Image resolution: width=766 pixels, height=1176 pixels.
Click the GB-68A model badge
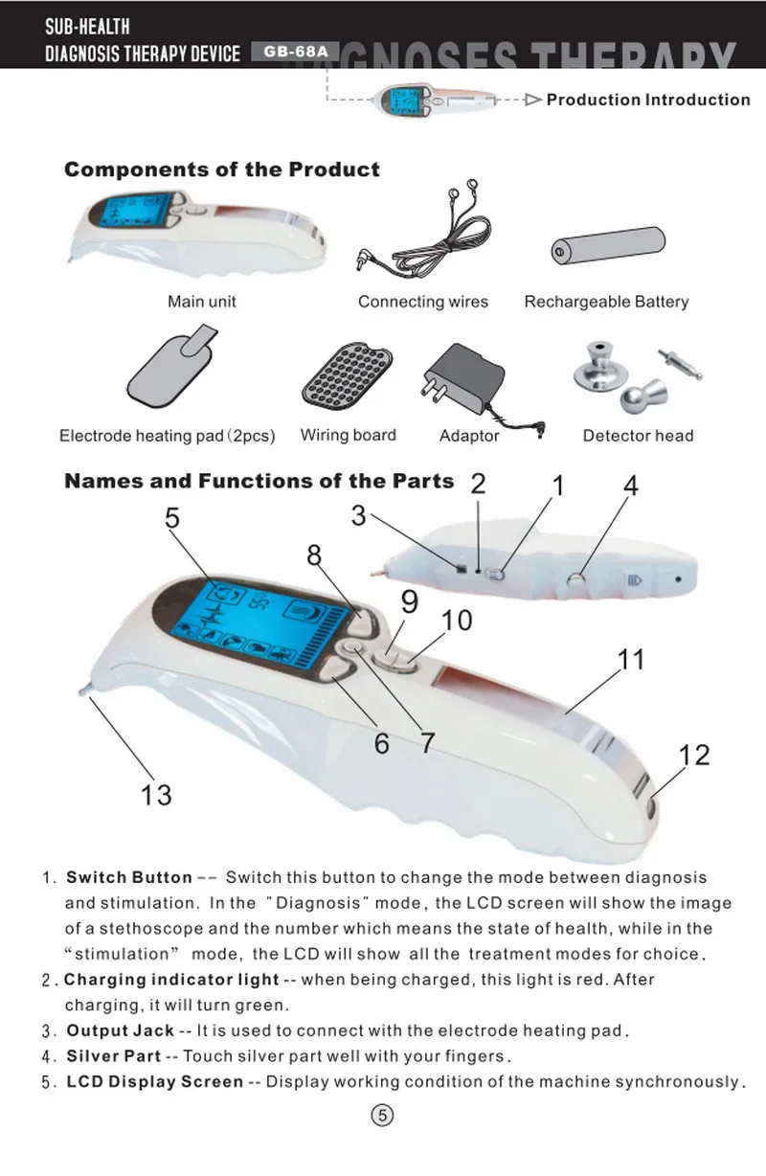[x=295, y=52]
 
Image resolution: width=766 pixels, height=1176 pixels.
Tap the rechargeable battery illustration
[x=608, y=245]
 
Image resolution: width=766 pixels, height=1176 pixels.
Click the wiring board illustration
[x=348, y=374]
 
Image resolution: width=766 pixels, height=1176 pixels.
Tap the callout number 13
[x=156, y=795]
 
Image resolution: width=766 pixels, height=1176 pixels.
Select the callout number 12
[x=694, y=755]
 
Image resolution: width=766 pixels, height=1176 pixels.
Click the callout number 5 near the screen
[x=172, y=518]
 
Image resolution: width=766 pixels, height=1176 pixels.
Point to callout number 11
[x=631, y=660]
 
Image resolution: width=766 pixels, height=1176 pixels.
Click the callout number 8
[x=314, y=554]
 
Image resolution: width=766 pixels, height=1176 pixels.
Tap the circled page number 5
[x=382, y=1116]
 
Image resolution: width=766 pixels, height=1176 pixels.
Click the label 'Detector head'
[x=638, y=436]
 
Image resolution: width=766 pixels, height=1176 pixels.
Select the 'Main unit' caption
[x=202, y=302]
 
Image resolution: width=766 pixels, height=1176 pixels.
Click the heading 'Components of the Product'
[x=221, y=170]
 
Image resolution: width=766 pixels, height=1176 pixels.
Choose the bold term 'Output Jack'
[x=121, y=1030]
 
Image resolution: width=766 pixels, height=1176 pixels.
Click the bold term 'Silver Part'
[x=113, y=1056]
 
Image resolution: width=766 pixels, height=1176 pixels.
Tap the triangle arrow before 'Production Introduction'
[x=533, y=100]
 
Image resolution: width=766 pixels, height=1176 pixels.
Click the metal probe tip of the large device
[x=83, y=691]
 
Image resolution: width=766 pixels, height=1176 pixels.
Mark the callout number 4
[x=631, y=486]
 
